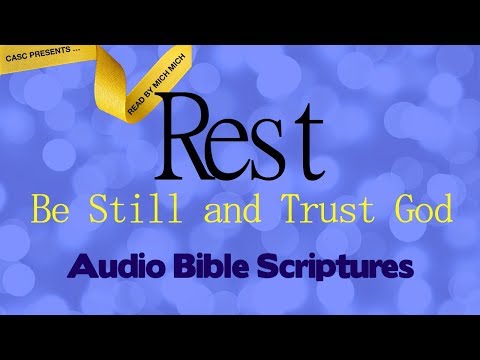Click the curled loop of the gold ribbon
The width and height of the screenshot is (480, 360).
point(112,75)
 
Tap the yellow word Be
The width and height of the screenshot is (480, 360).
point(48,211)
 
